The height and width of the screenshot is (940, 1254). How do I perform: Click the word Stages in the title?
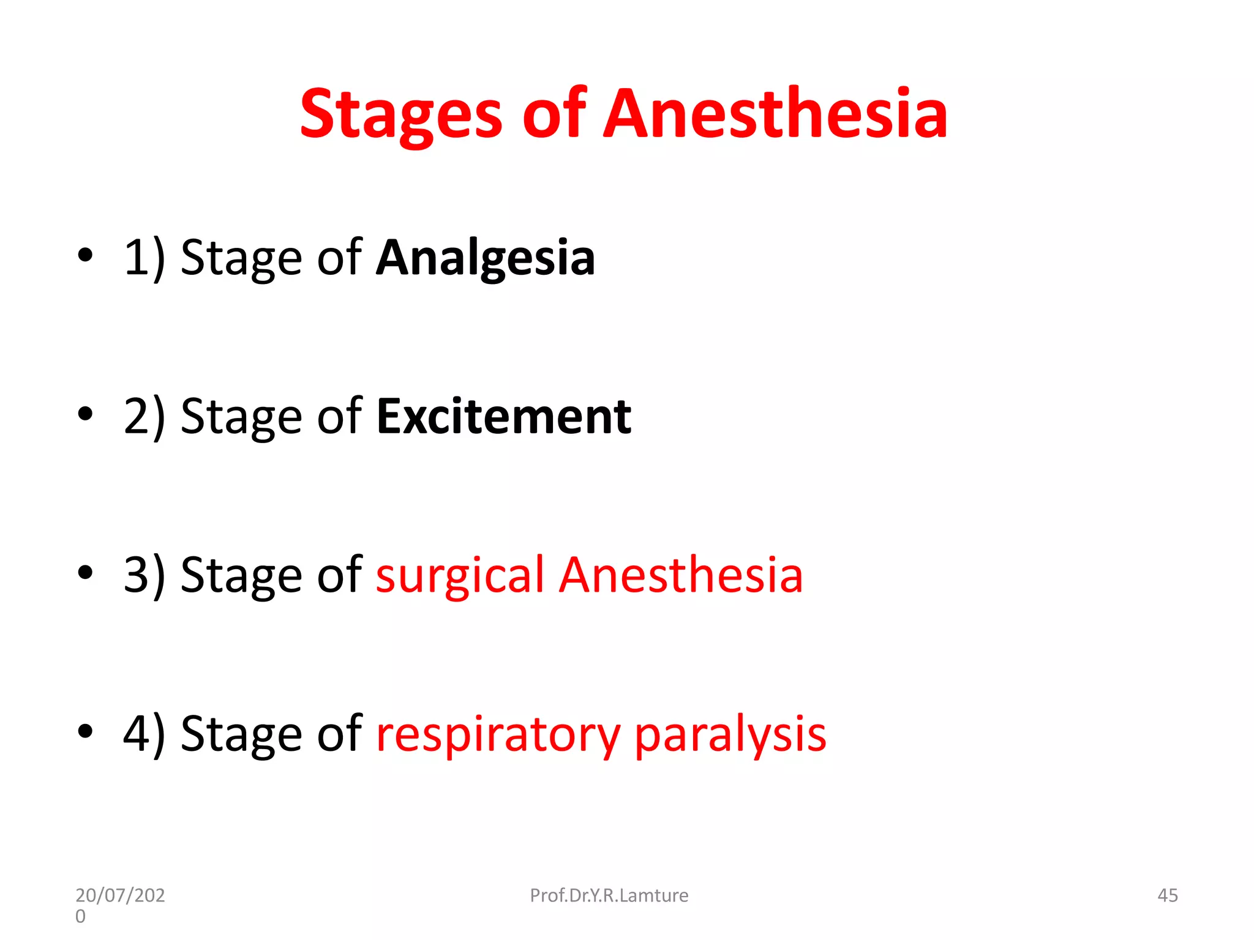pos(401,115)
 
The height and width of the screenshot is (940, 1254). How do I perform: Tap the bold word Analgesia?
pos(485,258)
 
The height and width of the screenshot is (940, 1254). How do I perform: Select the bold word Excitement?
pos(503,417)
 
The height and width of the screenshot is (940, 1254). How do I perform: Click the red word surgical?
pos(459,576)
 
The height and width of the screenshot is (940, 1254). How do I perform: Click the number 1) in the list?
pos(145,258)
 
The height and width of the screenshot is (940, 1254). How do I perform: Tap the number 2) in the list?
pos(145,417)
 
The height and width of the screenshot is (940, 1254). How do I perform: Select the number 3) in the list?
pos(145,576)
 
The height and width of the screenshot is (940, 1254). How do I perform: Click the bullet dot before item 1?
pos(85,256)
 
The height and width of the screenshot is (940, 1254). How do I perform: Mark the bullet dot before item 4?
pos(85,731)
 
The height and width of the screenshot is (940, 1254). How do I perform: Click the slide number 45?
pos(1167,895)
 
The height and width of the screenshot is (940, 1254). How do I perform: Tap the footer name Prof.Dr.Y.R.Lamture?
pos(609,895)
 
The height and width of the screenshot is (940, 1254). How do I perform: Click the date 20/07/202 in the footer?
pos(120,895)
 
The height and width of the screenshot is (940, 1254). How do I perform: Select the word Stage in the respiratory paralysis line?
pos(241,736)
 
